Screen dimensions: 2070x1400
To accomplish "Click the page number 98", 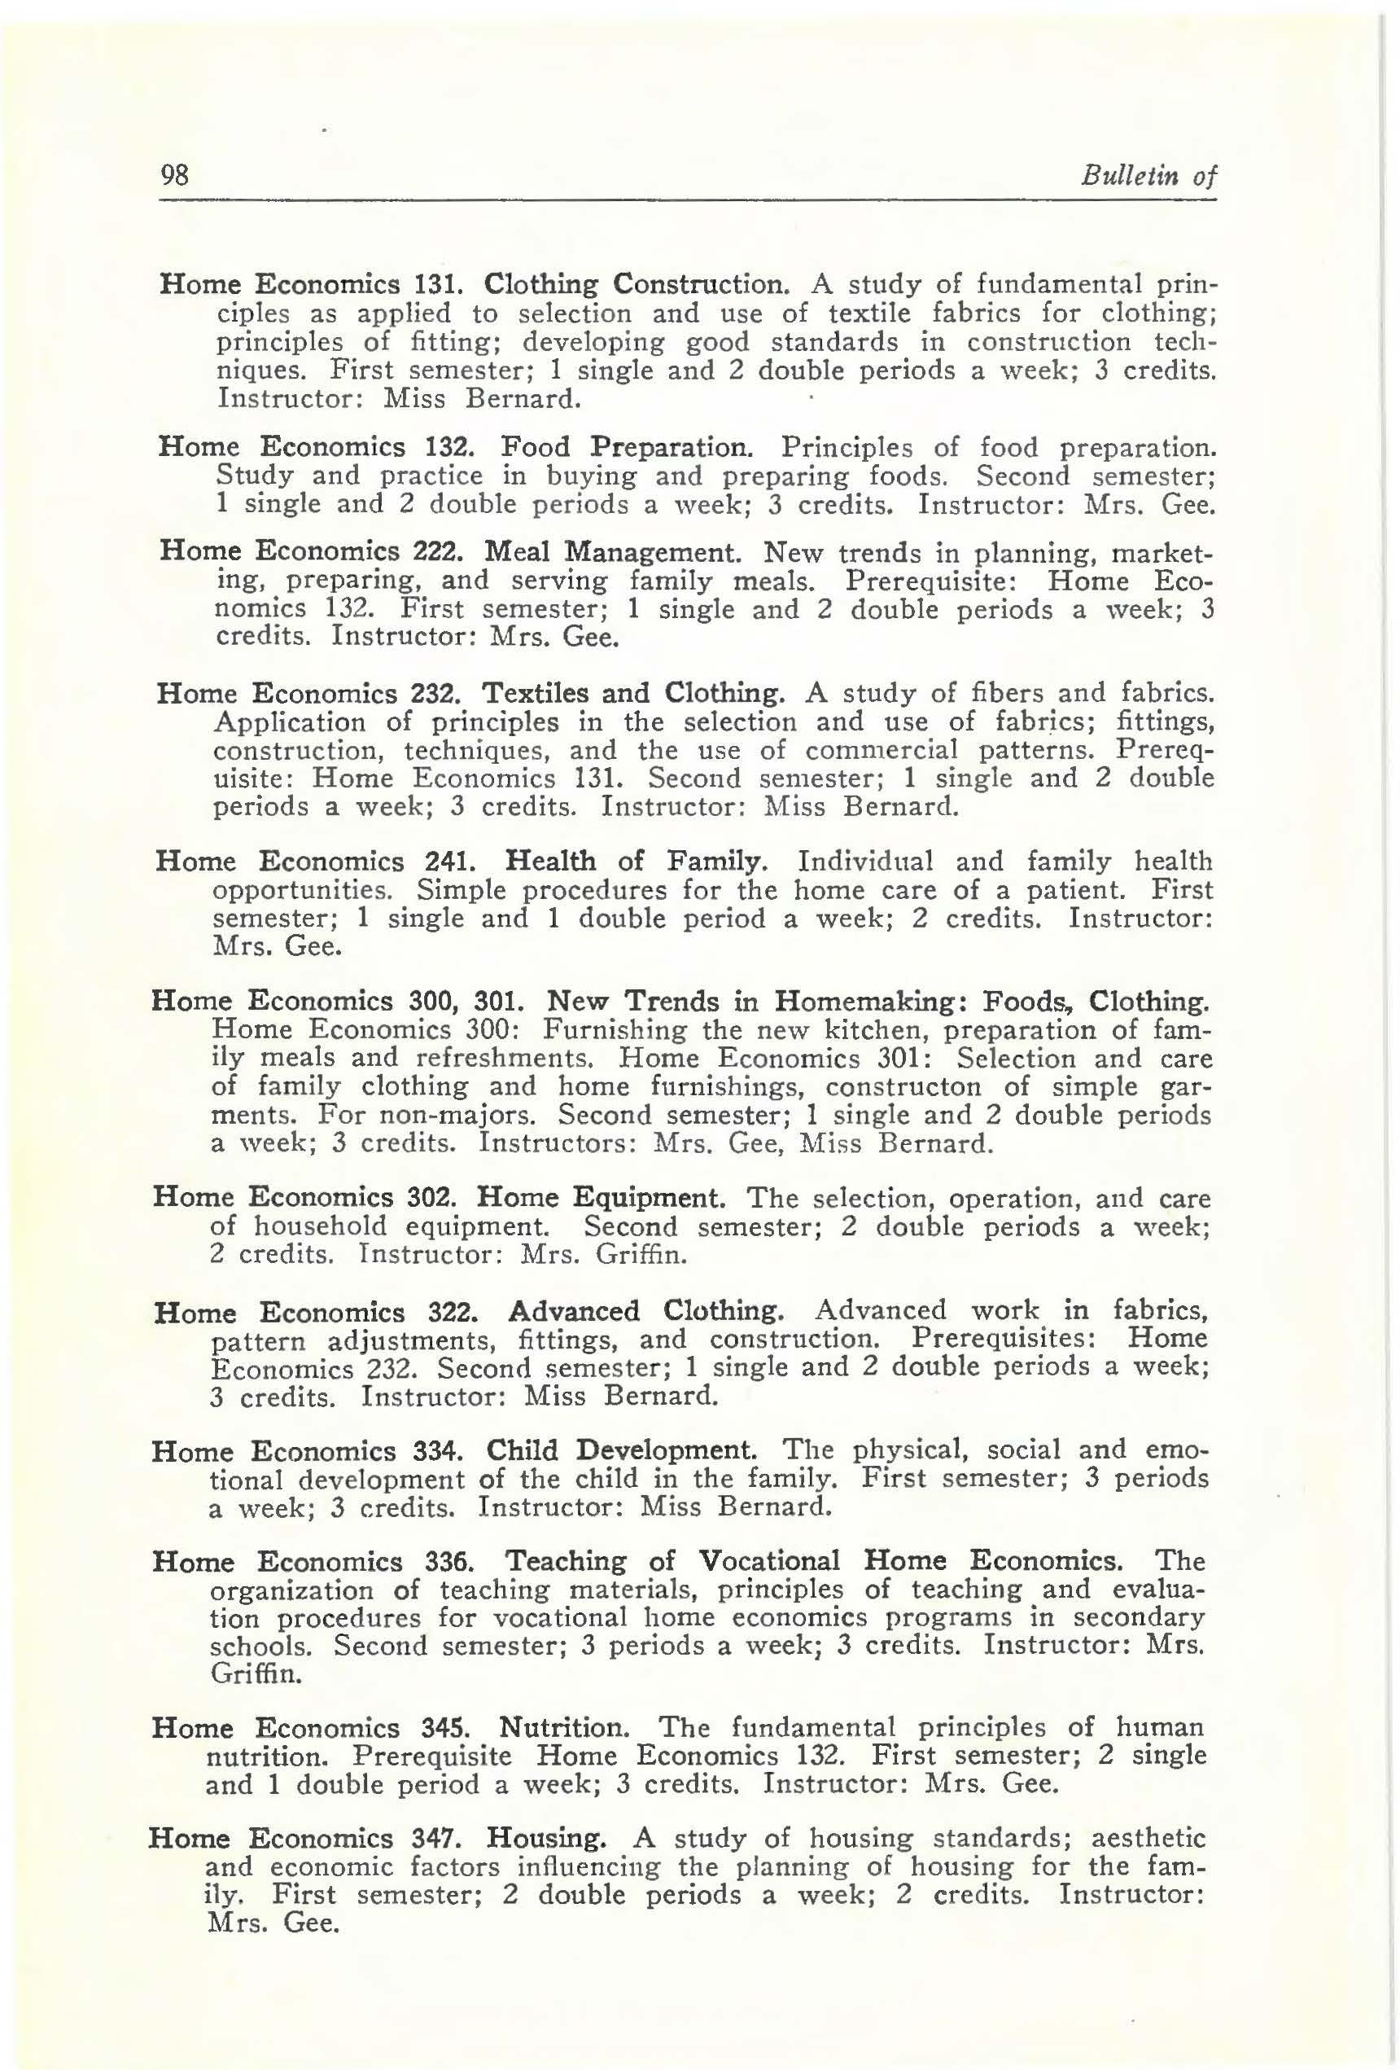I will tap(174, 173).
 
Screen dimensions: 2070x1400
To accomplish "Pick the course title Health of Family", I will tap(636, 862).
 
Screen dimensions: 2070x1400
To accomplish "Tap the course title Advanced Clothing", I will tap(645, 1311).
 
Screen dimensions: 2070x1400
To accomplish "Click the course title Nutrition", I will tap(565, 1728).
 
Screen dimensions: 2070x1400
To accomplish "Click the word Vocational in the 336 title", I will tap(768, 1561).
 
